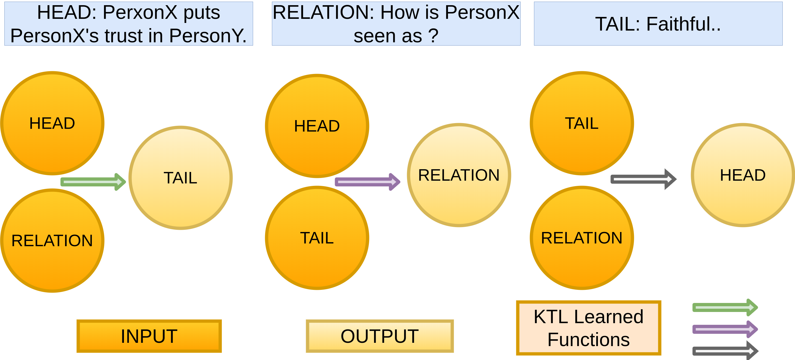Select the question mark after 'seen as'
coord(433,36)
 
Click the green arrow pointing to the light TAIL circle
coord(93,182)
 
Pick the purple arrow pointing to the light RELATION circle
coord(367,182)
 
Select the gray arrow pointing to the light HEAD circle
coord(643,179)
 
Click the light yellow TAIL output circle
coord(180,178)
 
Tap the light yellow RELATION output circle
coord(459,175)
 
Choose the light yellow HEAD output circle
coord(743,175)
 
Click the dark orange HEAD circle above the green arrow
coord(52,123)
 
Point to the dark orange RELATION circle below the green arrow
coord(52,241)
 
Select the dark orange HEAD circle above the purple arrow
coord(317,126)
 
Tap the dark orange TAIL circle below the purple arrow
coord(317,238)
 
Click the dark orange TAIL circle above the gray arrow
coord(582,123)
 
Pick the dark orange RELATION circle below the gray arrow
coord(582,238)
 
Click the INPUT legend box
coord(149,336)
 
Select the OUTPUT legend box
coord(379,336)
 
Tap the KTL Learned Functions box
coord(589,328)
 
